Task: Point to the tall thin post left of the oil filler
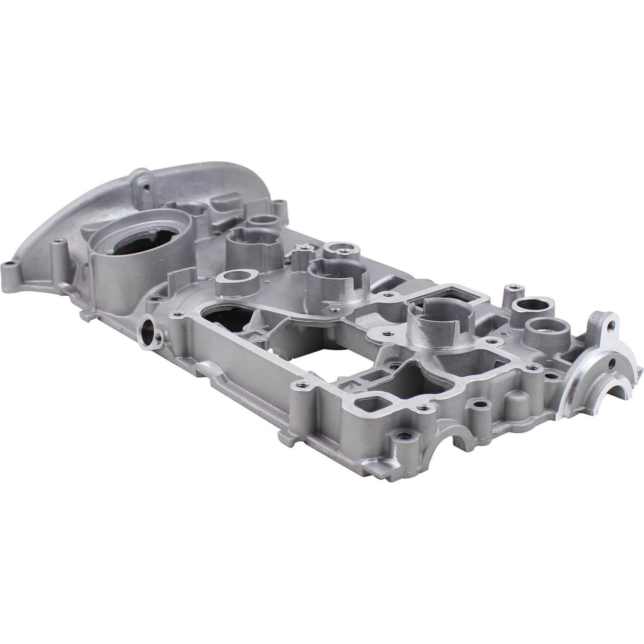coord(55,254)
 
